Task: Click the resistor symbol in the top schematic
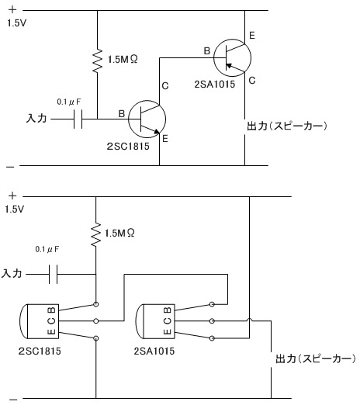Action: click(x=97, y=60)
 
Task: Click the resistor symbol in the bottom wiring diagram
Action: click(x=96, y=234)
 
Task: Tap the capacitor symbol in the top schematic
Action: click(x=78, y=119)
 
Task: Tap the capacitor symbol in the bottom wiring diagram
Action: click(x=54, y=274)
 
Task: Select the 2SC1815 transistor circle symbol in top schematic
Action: click(x=147, y=119)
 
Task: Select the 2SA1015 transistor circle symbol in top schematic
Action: click(x=232, y=57)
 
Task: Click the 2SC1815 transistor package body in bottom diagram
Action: click(x=40, y=321)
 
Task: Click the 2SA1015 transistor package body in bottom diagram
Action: click(x=155, y=321)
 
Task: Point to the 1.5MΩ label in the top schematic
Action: click(x=123, y=60)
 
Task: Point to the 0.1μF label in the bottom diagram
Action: click(x=47, y=249)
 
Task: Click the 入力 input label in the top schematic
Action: click(x=36, y=119)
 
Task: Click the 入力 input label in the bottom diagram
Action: click(x=12, y=273)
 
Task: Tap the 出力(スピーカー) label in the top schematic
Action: click(x=287, y=126)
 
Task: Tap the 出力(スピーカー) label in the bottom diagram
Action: click(x=316, y=358)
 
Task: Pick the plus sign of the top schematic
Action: click(x=12, y=9)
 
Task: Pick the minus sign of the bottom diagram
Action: click(x=12, y=400)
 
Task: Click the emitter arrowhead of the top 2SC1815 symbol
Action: click(x=157, y=132)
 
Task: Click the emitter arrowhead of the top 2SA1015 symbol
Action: click(x=229, y=65)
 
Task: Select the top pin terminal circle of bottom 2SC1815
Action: click(x=96, y=304)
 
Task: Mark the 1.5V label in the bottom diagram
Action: click(x=15, y=209)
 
